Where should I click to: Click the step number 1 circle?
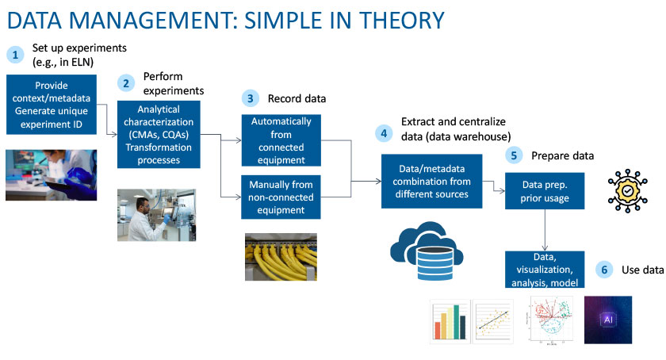tap(14, 54)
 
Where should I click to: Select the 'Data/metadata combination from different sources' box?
tap(431, 182)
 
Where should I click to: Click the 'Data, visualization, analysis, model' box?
tap(544, 270)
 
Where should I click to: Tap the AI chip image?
tap(607, 320)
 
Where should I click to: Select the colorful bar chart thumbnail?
tap(448, 321)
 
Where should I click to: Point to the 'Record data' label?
tap(297, 99)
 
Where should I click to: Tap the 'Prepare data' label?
tap(563, 155)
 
